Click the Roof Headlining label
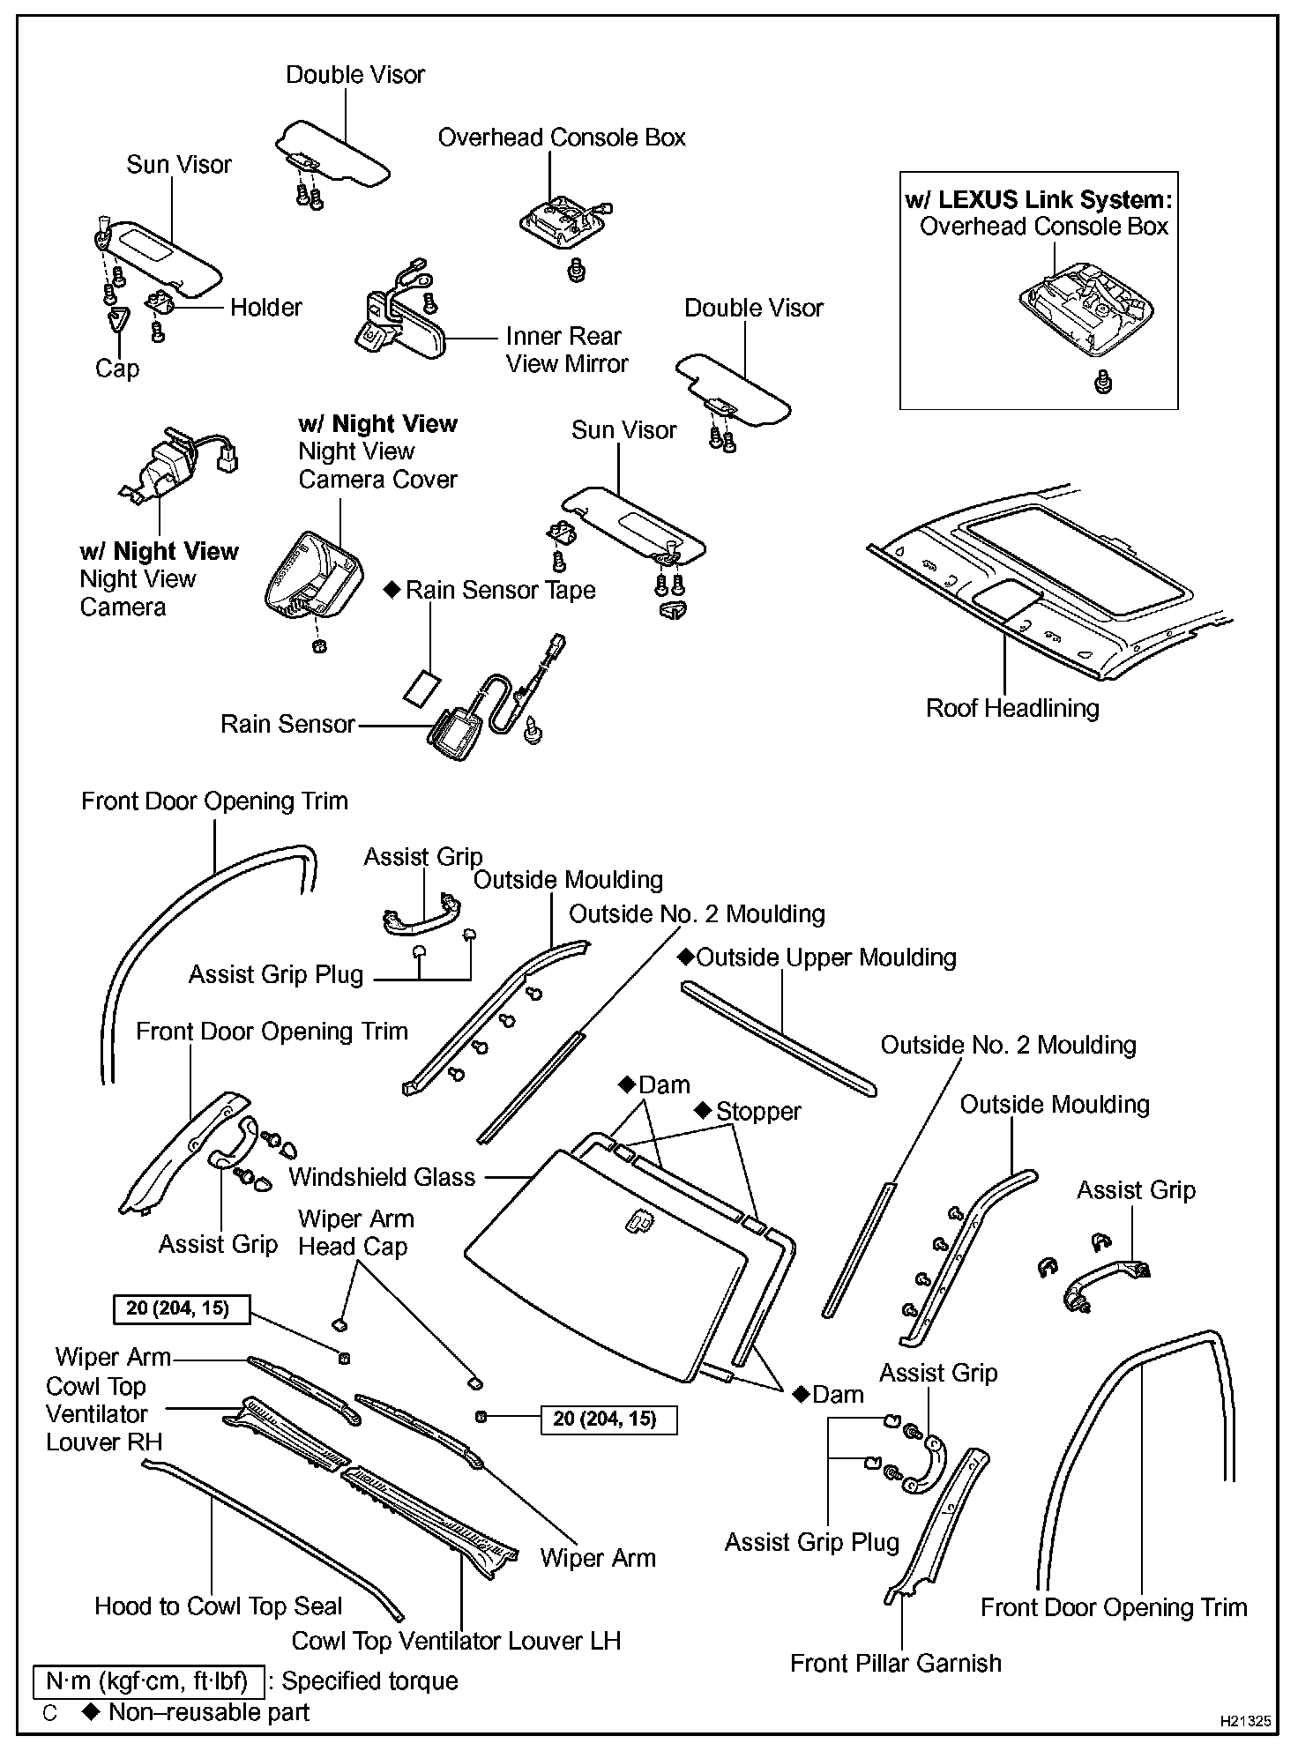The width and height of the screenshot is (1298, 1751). pos(1012,708)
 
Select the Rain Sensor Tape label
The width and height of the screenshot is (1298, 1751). pos(500,590)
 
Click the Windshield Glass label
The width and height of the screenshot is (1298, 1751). pos(382,1177)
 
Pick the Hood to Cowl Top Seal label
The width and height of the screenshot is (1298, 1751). pos(218,1606)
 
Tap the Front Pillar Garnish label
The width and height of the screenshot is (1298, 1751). pos(896,1663)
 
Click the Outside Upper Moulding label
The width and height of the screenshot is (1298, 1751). pos(825,957)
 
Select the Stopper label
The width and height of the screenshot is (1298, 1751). pos(758,1111)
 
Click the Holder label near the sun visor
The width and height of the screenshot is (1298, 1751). pos(265,307)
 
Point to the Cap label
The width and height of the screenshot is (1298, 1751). pos(117,368)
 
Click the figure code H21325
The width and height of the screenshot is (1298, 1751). pos(1245,1719)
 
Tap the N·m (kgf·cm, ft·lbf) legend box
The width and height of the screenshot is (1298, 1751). pos(148,1680)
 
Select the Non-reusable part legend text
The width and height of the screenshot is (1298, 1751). pos(208,1712)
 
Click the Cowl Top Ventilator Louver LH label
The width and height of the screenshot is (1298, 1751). pos(456,1641)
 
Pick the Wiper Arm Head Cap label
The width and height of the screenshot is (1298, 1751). pos(354,1233)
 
